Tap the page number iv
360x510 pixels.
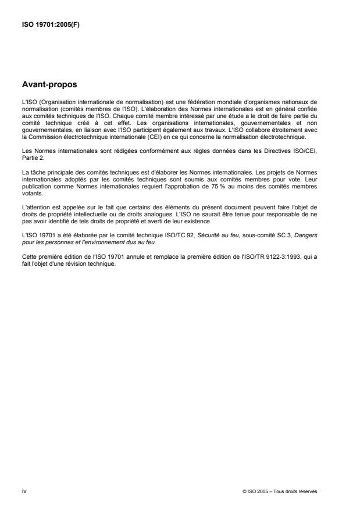[x=24, y=491]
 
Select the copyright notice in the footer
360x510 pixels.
[x=280, y=491]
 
